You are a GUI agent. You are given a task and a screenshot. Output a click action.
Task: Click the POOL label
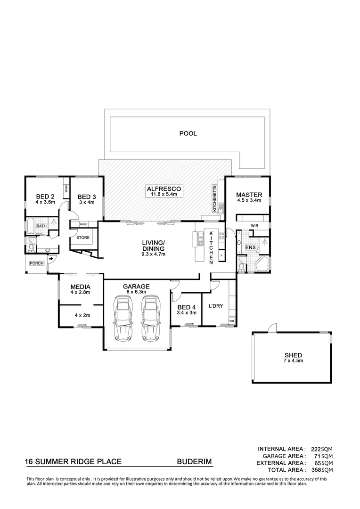[x=188, y=133]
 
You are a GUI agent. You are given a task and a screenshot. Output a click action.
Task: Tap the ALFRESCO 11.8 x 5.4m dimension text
[x=163, y=194]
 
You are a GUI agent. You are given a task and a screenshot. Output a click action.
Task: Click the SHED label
[x=293, y=355]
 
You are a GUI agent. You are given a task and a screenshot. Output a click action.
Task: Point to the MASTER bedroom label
[x=249, y=195]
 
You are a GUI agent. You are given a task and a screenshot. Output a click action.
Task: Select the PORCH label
[x=36, y=263]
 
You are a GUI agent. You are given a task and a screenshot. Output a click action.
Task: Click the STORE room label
[x=82, y=238]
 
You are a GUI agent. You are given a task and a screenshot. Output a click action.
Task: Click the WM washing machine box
[x=231, y=321]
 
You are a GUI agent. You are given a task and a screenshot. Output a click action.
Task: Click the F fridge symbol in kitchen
[x=221, y=256]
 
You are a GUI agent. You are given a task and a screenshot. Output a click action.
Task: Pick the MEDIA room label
[x=80, y=287]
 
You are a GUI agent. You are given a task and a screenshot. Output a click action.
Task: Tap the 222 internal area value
[x=314, y=449]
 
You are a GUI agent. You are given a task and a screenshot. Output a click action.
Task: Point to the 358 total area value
[x=314, y=470]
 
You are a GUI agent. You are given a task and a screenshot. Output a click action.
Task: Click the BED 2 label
[x=46, y=197]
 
